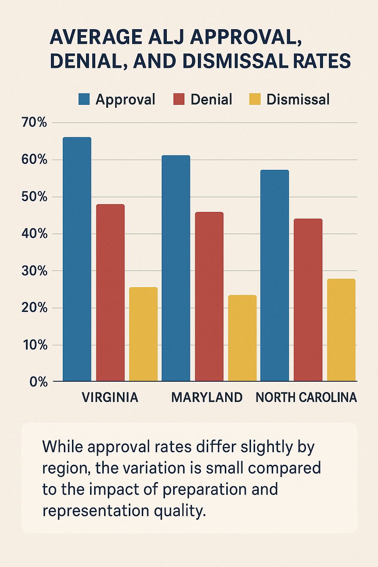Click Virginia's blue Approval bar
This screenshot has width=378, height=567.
(x=77, y=258)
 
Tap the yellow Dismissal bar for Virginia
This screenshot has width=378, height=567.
(x=143, y=334)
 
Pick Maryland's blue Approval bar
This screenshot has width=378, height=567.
(x=176, y=268)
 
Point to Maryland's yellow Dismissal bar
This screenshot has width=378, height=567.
(x=242, y=338)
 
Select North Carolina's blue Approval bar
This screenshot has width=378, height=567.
(x=275, y=275)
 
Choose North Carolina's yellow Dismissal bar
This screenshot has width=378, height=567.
(x=341, y=330)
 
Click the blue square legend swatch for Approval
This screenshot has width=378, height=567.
(x=84, y=99)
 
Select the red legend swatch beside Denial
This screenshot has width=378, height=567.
(x=179, y=99)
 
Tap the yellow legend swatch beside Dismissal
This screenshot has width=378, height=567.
(x=255, y=99)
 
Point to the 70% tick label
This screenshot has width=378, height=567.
(x=34, y=123)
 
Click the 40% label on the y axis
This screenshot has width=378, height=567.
(x=34, y=234)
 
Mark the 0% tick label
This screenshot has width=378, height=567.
(x=39, y=382)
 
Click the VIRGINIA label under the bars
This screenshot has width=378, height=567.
(x=110, y=398)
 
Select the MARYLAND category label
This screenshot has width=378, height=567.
(x=207, y=398)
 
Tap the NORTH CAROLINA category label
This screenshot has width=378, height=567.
(x=306, y=398)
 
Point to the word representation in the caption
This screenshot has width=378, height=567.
(x=95, y=511)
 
